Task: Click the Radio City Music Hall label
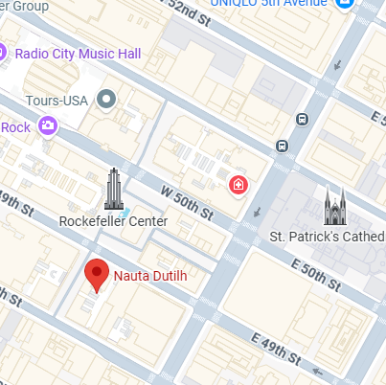[79, 52]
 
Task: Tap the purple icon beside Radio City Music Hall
[6, 52]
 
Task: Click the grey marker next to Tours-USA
[106, 98]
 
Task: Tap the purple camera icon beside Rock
[48, 125]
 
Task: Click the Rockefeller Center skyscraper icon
[113, 189]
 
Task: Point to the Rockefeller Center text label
[113, 221]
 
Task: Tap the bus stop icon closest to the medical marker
[282, 146]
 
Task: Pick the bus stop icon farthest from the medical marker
[302, 120]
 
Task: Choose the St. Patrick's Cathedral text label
[326, 236]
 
